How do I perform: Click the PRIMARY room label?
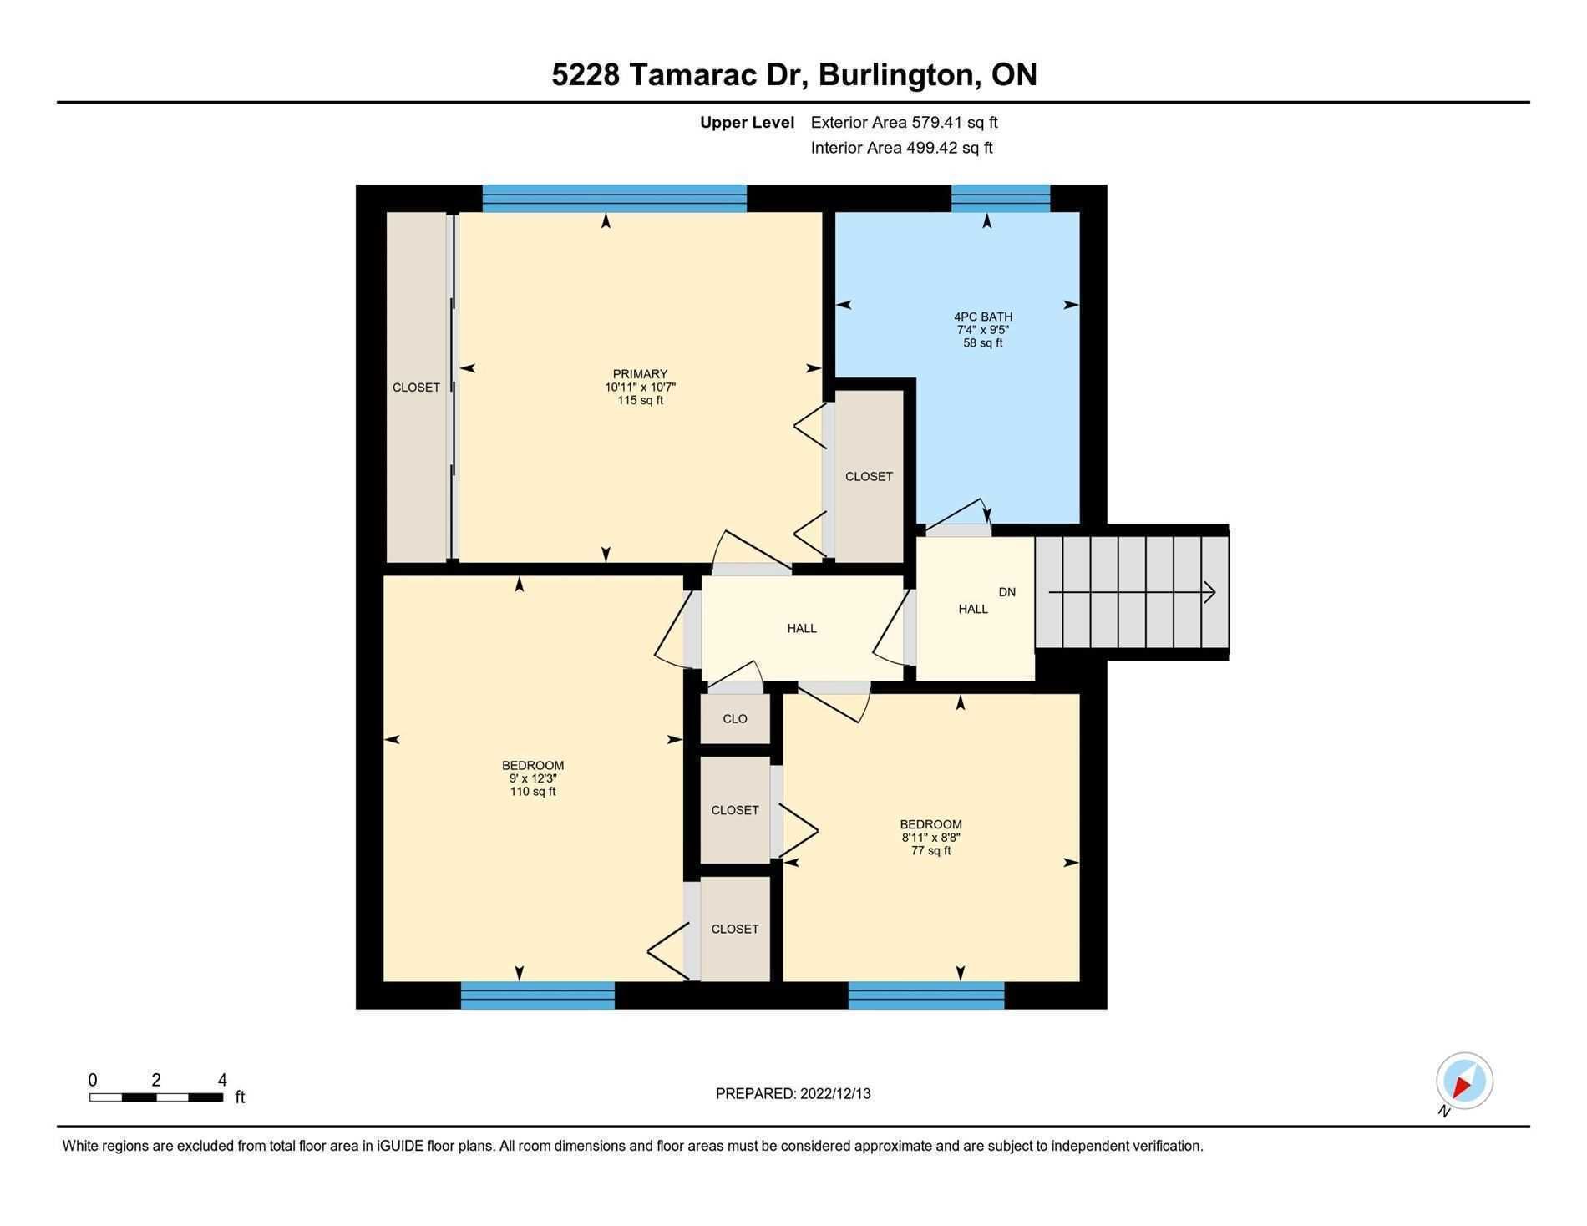640,374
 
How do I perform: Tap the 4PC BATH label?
983,317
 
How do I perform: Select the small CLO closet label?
735,719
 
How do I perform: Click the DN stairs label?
1007,592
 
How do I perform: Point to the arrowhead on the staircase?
1209,592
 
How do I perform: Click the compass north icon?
1464,1081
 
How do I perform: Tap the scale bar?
156,1097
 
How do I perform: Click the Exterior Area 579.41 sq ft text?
904,123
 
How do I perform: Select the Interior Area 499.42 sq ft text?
901,148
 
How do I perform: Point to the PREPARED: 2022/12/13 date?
793,1093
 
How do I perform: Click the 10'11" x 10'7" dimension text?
640,388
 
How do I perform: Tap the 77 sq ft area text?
930,851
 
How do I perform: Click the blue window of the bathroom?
1001,199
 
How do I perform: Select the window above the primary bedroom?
615,199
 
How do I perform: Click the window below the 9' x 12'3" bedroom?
538,995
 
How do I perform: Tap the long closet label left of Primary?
416,388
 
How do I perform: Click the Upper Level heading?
747,123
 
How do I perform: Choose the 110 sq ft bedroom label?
533,792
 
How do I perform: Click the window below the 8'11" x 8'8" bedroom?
926,995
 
